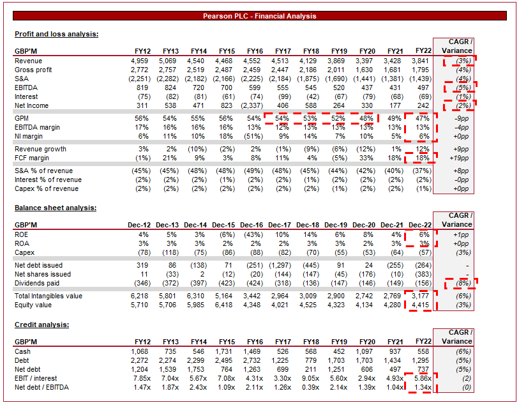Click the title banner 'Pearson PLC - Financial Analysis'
click(x=259, y=16)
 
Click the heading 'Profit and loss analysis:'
click(x=56, y=34)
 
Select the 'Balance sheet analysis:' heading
click(x=56, y=208)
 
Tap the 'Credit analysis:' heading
click(x=42, y=325)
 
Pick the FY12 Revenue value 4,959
click(x=143, y=60)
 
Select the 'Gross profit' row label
click(x=33, y=69)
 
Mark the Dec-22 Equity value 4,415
click(x=419, y=305)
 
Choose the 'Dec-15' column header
click(x=223, y=225)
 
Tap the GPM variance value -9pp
click(x=460, y=118)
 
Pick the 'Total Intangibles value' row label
click(x=49, y=296)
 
